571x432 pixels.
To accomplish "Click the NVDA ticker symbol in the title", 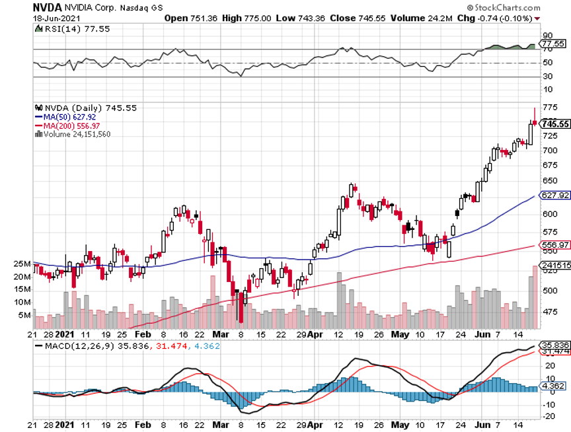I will [48, 7].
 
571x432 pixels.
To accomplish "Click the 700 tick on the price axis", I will [549, 150].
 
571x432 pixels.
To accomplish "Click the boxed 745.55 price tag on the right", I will [554, 124].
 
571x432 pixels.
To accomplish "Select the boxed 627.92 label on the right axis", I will [554, 196].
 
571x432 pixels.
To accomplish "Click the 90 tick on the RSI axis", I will [547, 35].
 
